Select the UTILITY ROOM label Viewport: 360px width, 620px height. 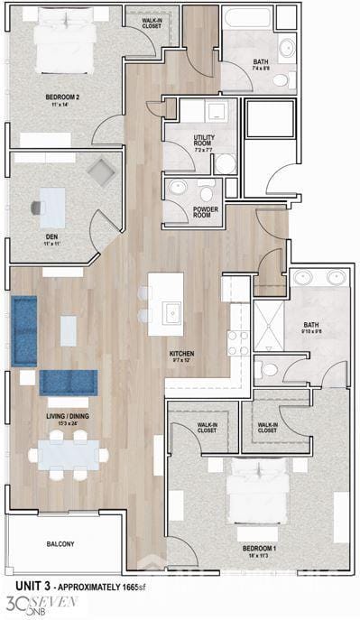205,141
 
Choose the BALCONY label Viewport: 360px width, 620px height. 60,544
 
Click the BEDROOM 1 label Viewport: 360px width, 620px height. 259,547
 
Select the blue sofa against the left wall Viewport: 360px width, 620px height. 24,330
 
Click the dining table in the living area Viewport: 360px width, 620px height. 68,454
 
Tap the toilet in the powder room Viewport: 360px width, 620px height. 207,193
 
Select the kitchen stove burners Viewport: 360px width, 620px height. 238,342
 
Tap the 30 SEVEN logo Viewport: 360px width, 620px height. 42,604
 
